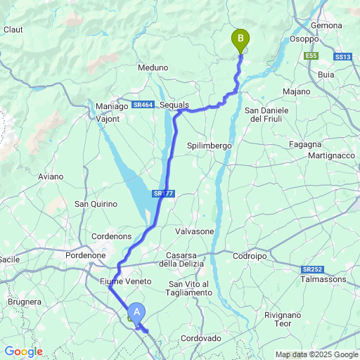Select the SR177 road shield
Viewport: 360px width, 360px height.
click(x=162, y=193)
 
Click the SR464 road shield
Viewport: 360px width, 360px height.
click(x=142, y=105)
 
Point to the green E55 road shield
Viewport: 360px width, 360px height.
click(x=311, y=56)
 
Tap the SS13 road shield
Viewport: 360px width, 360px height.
click(x=342, y=56)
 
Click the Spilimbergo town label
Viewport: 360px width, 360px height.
click(x=210, y=145)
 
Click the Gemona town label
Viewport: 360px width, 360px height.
click(x=326, y=25)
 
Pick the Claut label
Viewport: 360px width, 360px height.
click(x=13, y=30)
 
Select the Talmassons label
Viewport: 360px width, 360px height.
click(x=323, y=279)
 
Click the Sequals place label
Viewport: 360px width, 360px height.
click(x=174, y=105)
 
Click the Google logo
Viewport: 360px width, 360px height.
click(x=23, y=352)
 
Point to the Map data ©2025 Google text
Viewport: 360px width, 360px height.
click(x=316, y=354)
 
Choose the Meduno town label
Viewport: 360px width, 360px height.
click(x=153, y=67)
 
